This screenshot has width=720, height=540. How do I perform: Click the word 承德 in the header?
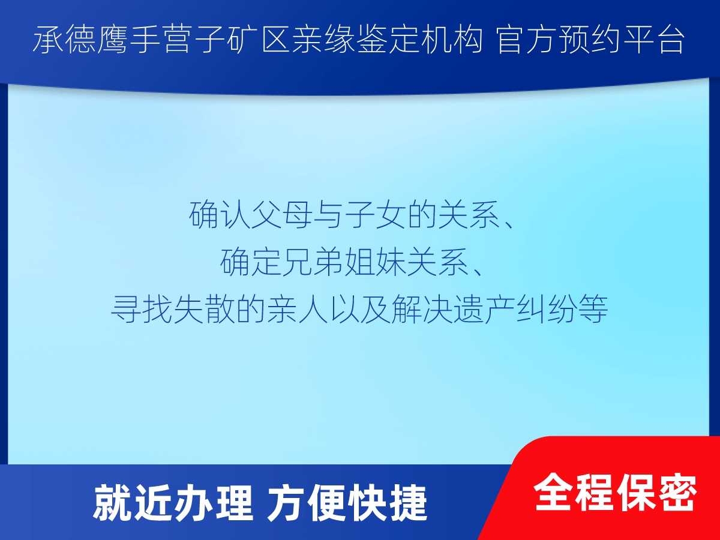tap(65, 40)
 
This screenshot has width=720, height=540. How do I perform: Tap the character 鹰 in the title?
tap(113, 40)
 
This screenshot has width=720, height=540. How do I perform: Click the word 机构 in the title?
tap(452, 40)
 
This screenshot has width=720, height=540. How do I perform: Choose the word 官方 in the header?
tap(528, 40)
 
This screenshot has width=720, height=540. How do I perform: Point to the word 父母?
tap(282, 215)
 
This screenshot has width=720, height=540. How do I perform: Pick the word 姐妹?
tap(376, 262)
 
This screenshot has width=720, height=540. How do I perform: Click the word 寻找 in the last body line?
tap(142, 309)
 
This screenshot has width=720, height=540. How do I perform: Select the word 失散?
tap(204, 309)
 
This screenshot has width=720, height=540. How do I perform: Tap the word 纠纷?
tap(547, 309)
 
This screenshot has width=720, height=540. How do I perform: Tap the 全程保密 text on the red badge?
tap(616, 492)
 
